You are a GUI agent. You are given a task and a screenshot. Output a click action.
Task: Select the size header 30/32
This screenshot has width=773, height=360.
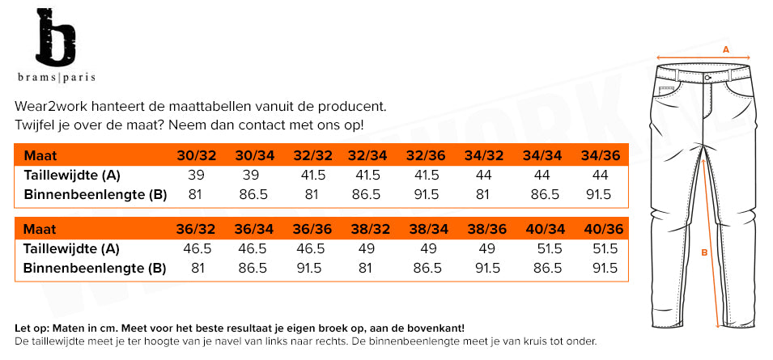coord(197,156)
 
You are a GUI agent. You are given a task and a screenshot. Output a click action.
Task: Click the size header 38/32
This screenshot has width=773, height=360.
coord(366,230)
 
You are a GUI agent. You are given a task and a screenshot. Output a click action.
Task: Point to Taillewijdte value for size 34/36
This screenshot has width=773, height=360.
coord(600,176)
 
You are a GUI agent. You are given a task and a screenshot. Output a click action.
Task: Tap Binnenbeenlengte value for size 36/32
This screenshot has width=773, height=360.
coord(197,268)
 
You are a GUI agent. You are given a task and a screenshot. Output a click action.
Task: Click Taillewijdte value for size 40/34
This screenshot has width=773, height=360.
coord(544,249)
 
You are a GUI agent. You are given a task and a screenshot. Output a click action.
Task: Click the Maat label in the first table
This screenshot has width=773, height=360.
coord(40,156)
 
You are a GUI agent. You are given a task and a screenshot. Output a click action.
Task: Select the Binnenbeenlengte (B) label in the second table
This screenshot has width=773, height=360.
coord(95,268)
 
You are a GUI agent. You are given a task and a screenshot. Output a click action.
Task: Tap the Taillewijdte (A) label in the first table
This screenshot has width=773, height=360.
coord(72,176)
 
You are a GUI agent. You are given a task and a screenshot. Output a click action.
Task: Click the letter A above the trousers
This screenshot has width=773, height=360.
coord(726,49)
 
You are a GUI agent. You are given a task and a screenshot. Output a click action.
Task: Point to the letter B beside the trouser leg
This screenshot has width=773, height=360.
coord(703,252)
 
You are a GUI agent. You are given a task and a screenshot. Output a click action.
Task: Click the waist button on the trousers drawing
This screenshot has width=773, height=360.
coord(708,78)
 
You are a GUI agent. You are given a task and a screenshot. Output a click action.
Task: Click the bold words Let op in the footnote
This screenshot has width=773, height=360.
coord(32,328)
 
